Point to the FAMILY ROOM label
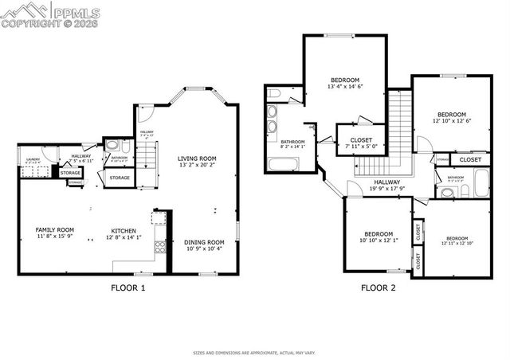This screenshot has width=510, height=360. [x=55, y=230]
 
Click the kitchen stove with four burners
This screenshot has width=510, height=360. [x=160, y=245]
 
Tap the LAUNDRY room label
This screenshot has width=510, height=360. [x=33, y=159]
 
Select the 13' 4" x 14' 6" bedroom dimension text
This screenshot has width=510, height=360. [x=345, y=87]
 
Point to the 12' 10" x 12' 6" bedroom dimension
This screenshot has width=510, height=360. [x=452, y=120]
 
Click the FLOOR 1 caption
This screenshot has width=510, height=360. [x=127, y=288]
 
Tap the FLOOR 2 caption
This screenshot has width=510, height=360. [x=378, y=288]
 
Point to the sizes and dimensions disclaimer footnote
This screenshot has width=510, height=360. [x=254, y=351]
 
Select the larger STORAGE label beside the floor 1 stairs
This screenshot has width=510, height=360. [x=120, y=178]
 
